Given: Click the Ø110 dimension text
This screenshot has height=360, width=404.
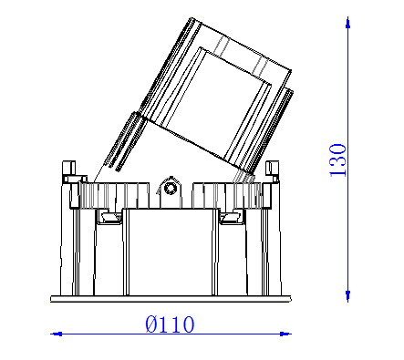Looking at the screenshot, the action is click(x=170, y=324).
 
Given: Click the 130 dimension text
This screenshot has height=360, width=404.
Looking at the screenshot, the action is click(x=337, y=160).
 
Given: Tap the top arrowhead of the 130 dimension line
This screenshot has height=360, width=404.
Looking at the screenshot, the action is click(x=347, y=22).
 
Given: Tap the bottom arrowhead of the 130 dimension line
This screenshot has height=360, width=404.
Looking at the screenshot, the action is click(x=347, y=296).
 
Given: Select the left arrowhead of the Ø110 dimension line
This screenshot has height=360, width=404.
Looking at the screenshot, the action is click(x=57, y=334).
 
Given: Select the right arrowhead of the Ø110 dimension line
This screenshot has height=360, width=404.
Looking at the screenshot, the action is click(x=285, y=334).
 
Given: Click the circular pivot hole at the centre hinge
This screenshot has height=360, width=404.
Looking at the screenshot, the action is click(x=171, y=188).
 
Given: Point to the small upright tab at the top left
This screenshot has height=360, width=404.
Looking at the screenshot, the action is click(x=69, y=168).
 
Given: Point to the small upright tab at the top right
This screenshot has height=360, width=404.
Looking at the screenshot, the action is click(x=272, y=168).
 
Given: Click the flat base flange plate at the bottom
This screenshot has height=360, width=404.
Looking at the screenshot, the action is click(x=171, y=299).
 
